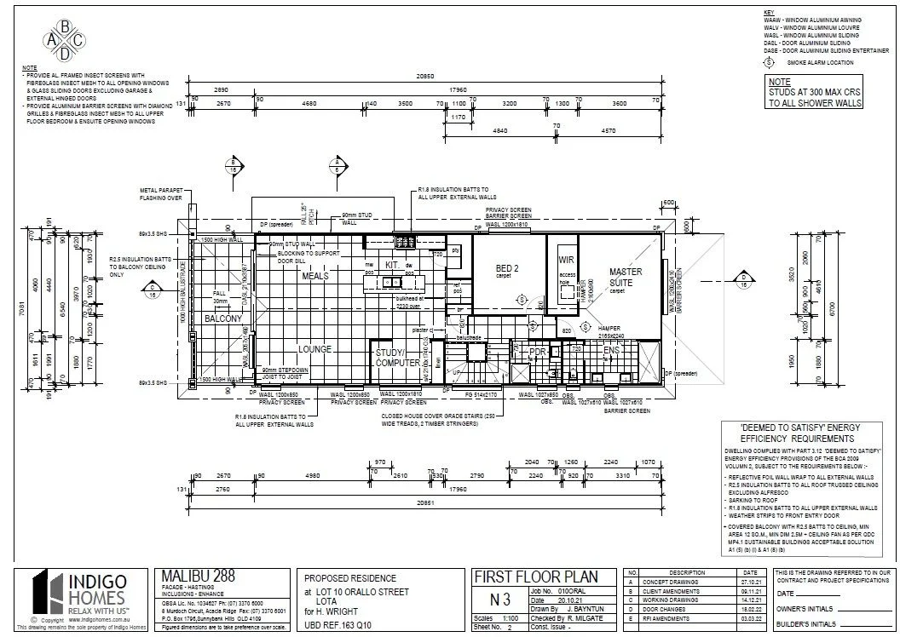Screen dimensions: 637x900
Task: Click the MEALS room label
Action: click(314, 277)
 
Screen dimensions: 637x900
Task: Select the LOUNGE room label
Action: click(314, 349)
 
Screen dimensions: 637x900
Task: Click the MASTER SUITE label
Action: click(626, 278)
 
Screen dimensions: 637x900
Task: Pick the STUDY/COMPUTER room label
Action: click(397, 358)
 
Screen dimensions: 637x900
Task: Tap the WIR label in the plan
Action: click(567, 260)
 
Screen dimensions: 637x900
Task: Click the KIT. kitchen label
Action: click(392, 265)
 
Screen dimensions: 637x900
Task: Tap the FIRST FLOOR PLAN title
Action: click(535, 577)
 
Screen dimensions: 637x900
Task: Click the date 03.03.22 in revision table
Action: click(750, 619)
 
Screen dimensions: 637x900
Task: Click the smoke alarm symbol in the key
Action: click(769, 62)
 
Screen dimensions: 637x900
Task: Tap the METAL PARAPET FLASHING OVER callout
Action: click(162, 192)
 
